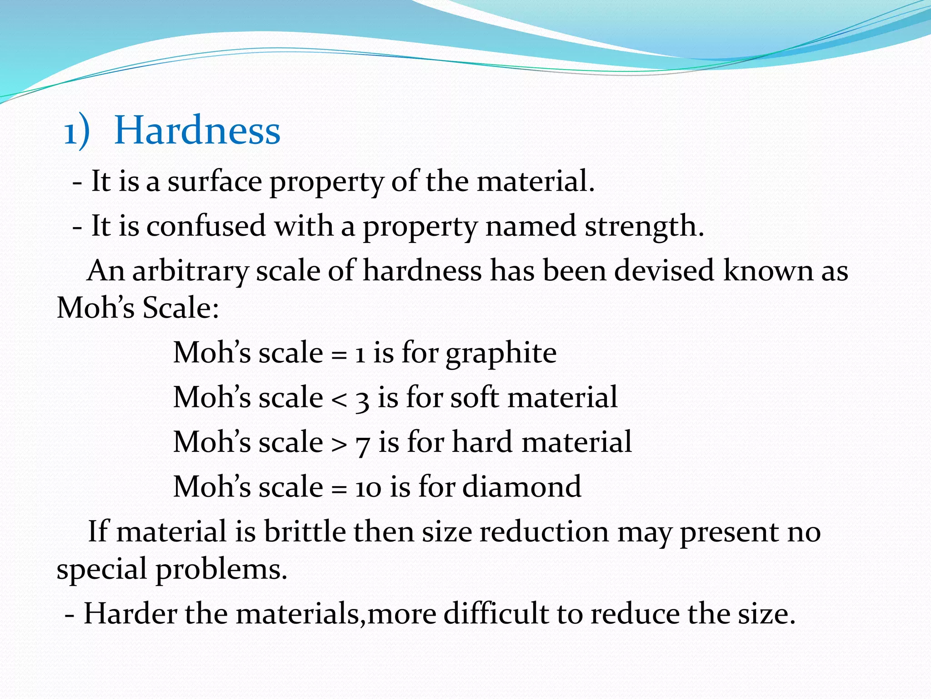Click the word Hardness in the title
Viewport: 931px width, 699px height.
pos(197,131)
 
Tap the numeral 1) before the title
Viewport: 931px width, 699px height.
pos(76,132)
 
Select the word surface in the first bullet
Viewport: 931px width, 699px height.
pos(215,182)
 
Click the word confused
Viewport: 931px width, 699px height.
pos(206,226)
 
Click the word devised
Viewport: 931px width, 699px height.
pos(664,271)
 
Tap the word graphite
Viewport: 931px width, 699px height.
pos(501,354)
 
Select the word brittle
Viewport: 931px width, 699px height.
pos(305,531)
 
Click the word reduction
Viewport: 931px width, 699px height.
pos(544,532)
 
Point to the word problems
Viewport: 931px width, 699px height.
pos(222,570)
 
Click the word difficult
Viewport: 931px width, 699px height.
pos(496,613)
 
